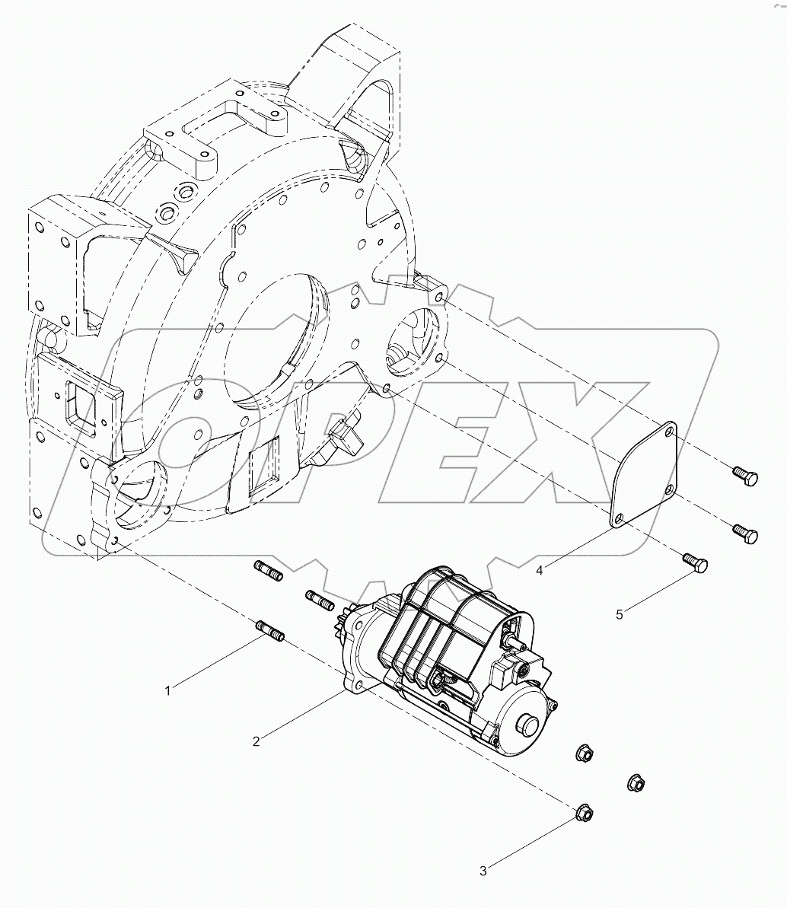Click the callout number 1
pos(167,690)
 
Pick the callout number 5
pos(619,614)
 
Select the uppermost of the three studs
pos(267,570)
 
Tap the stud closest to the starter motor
pos(320,598)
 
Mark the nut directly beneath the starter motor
pos(583,755)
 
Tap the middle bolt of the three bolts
pos(744,533)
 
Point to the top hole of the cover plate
pos(668,433)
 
